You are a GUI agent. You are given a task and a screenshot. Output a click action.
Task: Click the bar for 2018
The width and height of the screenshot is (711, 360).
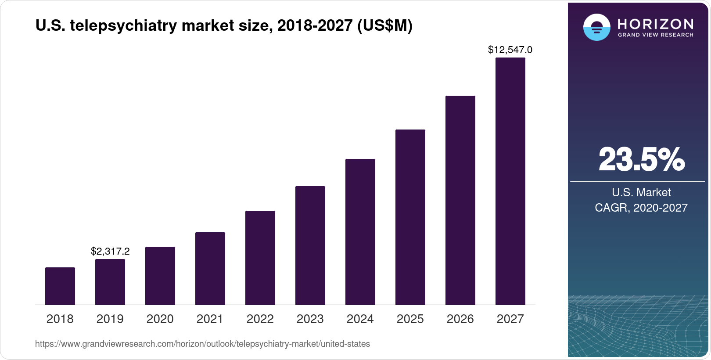tap(60, 286)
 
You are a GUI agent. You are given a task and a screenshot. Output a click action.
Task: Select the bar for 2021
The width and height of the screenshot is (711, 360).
tap(210, 268)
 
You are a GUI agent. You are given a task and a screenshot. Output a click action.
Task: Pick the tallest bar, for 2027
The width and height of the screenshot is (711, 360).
tap(510, 181)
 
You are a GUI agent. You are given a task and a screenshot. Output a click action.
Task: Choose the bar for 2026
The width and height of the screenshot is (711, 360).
tap(460, 200)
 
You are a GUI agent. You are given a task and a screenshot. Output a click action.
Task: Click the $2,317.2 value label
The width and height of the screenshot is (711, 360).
tap(110, 251)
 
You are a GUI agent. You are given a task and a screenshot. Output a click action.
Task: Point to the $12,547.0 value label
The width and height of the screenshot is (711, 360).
tap(510, 50)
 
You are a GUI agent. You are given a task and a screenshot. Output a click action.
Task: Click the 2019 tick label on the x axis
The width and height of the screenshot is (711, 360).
tap(110, 319)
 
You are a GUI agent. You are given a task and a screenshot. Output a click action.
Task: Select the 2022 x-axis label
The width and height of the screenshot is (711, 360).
tap(260, 319)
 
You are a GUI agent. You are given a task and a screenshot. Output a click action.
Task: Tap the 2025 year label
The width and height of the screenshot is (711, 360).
tap(410, 319)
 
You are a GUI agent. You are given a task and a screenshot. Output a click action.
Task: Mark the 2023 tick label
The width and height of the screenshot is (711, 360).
tap(310, 319)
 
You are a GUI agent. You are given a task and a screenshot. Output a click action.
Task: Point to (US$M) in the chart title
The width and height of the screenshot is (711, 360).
tap(385, 25)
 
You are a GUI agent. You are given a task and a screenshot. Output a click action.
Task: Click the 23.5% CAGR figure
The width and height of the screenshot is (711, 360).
tap(641, 159)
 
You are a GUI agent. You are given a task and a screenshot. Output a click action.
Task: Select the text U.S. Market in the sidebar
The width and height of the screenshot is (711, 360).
tap(641, 192)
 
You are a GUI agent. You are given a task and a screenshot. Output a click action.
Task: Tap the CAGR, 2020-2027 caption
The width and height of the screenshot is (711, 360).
tap(641, 208)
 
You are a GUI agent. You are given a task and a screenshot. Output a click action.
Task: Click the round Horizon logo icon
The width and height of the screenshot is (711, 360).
tap(596, 27)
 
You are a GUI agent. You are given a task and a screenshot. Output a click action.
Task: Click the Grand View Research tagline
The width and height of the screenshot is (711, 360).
tap(655, 35)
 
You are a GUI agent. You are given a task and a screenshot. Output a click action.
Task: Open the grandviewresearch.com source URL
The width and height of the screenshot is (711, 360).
tap(202, 344)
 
